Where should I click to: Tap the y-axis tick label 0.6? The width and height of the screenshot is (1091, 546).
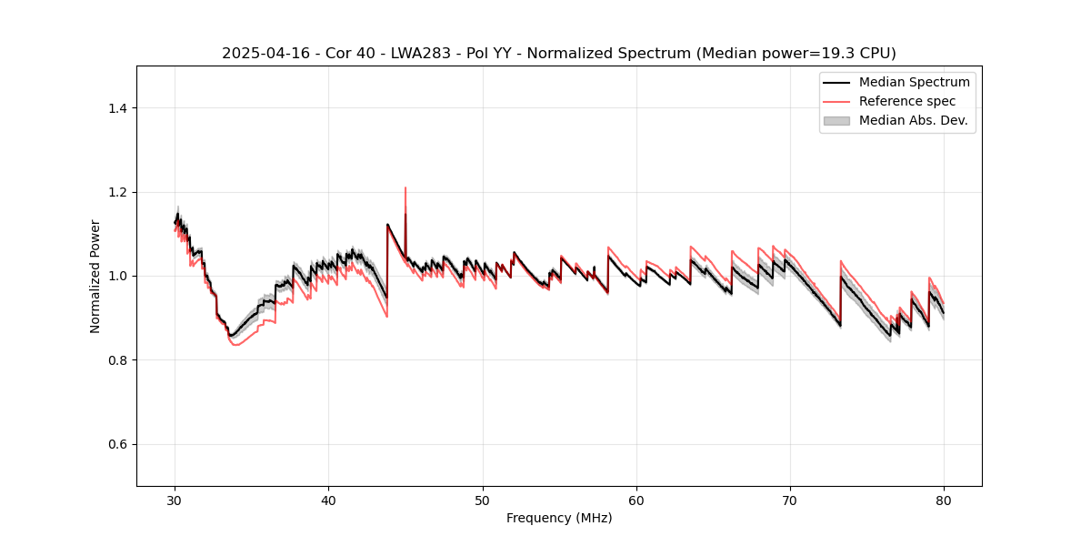[x=117, y=444]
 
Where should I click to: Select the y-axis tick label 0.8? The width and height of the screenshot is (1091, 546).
[x=117, y=360]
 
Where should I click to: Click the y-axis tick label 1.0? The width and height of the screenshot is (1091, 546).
[x=117, y=276]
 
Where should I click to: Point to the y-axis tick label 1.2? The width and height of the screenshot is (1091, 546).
[x=117, y=192]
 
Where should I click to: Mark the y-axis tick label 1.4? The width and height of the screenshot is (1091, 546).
[x=117, y=108]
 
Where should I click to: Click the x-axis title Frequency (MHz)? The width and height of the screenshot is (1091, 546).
[x=559, y=518]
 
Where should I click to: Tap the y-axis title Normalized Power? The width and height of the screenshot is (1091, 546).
[x=95, y=276]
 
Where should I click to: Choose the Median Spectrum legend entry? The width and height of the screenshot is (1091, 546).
[x=914, y=82]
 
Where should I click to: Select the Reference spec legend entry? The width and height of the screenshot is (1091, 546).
[x=907, y=101]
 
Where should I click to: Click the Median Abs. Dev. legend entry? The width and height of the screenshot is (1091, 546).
[x=913, y=120]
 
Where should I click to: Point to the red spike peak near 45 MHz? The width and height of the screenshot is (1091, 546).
[x=405, y=188]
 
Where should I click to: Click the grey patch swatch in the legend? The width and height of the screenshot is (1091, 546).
[x=836, y=120]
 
